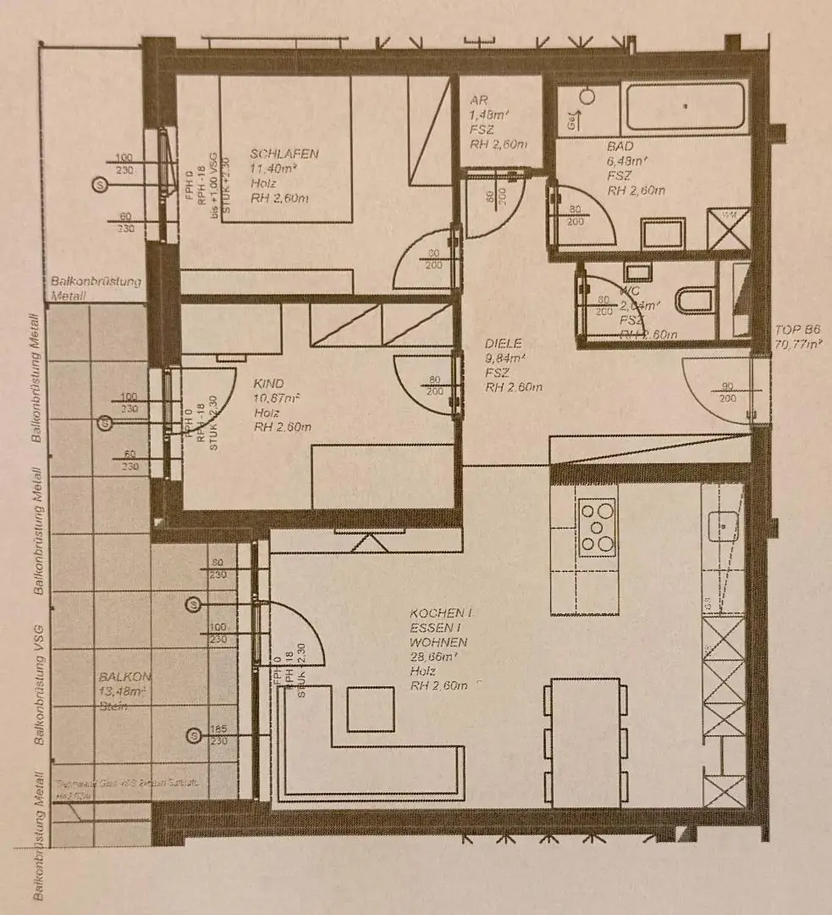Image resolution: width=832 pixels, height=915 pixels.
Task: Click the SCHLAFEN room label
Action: (x=284, y=153)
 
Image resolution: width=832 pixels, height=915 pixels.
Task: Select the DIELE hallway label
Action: (x=504, y=343)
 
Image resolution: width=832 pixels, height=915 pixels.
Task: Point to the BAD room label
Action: (x=620, y=146)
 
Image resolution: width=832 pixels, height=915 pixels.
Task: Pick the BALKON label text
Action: (x=124, y=678)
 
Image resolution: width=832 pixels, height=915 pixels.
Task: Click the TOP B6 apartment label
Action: (x=797, y=330)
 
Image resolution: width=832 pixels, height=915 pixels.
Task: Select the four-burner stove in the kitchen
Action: (x=598, y=526)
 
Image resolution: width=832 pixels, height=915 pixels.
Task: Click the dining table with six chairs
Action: (x=585, y=741)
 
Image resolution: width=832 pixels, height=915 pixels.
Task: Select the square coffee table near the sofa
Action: (x=371, y=707)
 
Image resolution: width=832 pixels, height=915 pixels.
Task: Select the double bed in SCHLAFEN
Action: (x=285, y=148)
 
